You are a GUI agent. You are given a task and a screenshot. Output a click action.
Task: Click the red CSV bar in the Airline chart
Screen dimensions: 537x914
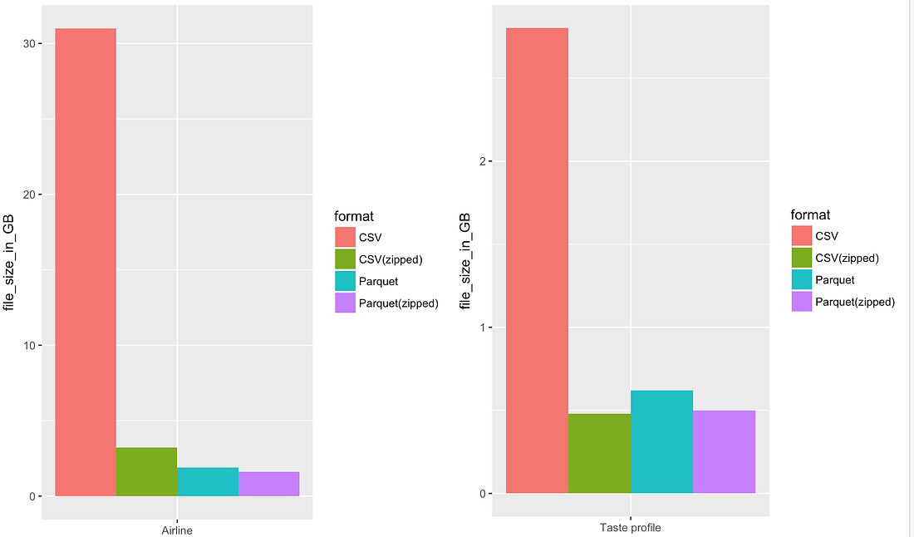click(86, 262)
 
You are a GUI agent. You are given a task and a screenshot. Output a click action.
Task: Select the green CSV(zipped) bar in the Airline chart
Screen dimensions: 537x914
click(146, 472)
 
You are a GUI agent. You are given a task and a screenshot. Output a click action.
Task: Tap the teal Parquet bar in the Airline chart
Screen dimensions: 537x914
click(208, 482)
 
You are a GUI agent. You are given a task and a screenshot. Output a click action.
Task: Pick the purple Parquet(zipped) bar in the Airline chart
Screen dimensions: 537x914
click(268, 485)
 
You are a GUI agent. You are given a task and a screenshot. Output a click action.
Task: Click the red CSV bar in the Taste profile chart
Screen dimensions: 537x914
click(537, 260)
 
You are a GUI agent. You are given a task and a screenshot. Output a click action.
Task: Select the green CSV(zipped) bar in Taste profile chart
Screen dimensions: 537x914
click(599, 454)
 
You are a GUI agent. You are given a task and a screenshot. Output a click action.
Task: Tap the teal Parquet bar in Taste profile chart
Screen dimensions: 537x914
click(661, 441)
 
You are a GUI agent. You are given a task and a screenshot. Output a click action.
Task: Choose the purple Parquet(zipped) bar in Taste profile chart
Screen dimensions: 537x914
click(724, 452)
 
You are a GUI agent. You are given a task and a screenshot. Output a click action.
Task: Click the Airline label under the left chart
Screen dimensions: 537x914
click(177, 530)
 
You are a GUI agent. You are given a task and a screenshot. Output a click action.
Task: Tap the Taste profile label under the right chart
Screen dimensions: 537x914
click(630, 528)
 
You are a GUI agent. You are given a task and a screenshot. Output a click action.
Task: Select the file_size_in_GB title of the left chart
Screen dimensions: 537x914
click(9, 262)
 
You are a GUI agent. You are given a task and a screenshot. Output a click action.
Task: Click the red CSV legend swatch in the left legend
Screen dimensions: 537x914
click(345, 238)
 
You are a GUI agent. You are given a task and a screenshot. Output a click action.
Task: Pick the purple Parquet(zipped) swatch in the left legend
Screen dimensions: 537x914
click(345, 303)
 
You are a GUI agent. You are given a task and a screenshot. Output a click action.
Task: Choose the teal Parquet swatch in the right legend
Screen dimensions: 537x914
click(801, 280)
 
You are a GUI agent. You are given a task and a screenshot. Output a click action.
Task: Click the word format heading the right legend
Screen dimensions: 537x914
click(810, 215)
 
